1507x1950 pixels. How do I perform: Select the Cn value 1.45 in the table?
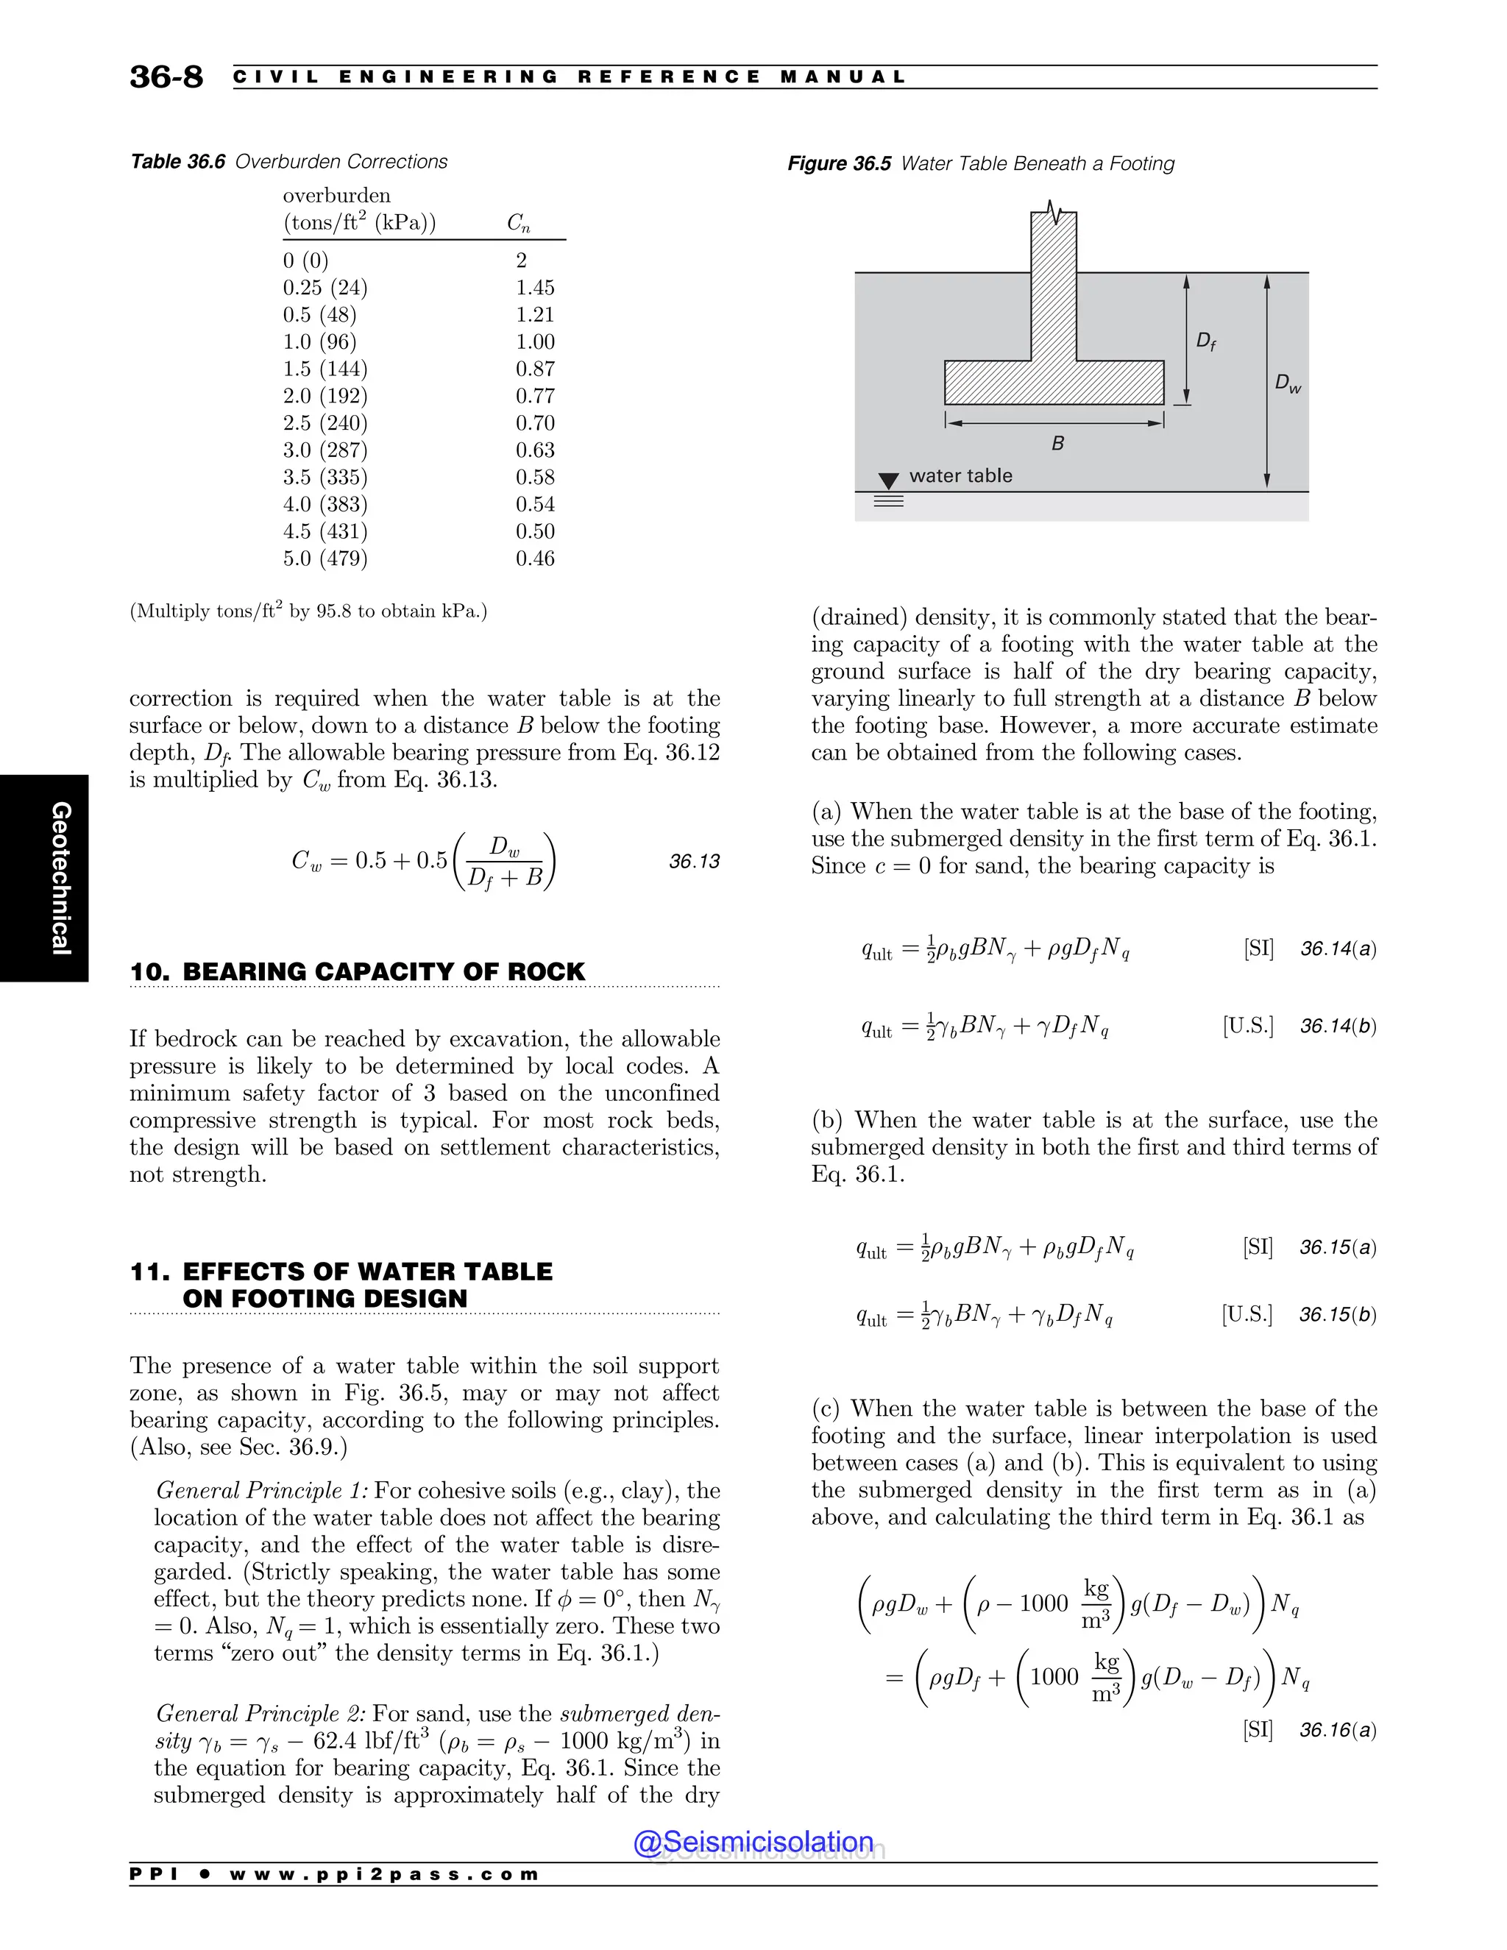pyautogui.click(x=535, y=288)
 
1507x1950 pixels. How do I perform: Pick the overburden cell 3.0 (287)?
pyautogui.click(x=325, y=450)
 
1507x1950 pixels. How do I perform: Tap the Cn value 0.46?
pyautogui.click(x=535, y=559)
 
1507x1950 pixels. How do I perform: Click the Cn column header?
pyautogui.click(x=519, y=222)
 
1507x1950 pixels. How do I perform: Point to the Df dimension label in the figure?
pyautogui.click(x=1205, y=341)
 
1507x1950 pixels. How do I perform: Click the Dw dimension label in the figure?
pyautogui.click(x=1288, y=384)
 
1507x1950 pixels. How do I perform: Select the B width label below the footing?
pyautogui.click(x=1058, y=443)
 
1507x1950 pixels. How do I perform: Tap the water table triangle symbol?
pyautogui.click(x=888, y=481)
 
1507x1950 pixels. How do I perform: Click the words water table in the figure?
pyautogui.click(x=960, y=476)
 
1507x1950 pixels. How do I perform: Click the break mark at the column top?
pyautogui.click(x=1054, y=213)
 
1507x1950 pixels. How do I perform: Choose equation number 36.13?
pyautogui.click(x=694, y=862)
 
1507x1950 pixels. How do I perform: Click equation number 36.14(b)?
pyautogui.click(x=1337, y=1027)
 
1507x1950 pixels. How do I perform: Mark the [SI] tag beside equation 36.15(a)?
pyautogui.click(x=1257, y=1247)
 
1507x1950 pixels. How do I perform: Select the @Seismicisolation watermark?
pyautogui.click(x=753, y=1842)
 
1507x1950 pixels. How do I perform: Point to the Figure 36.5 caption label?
pyautogui.click(x=838, y=163)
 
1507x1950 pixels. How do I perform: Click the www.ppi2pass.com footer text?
pyautogui.click(x=384, y=1874)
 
